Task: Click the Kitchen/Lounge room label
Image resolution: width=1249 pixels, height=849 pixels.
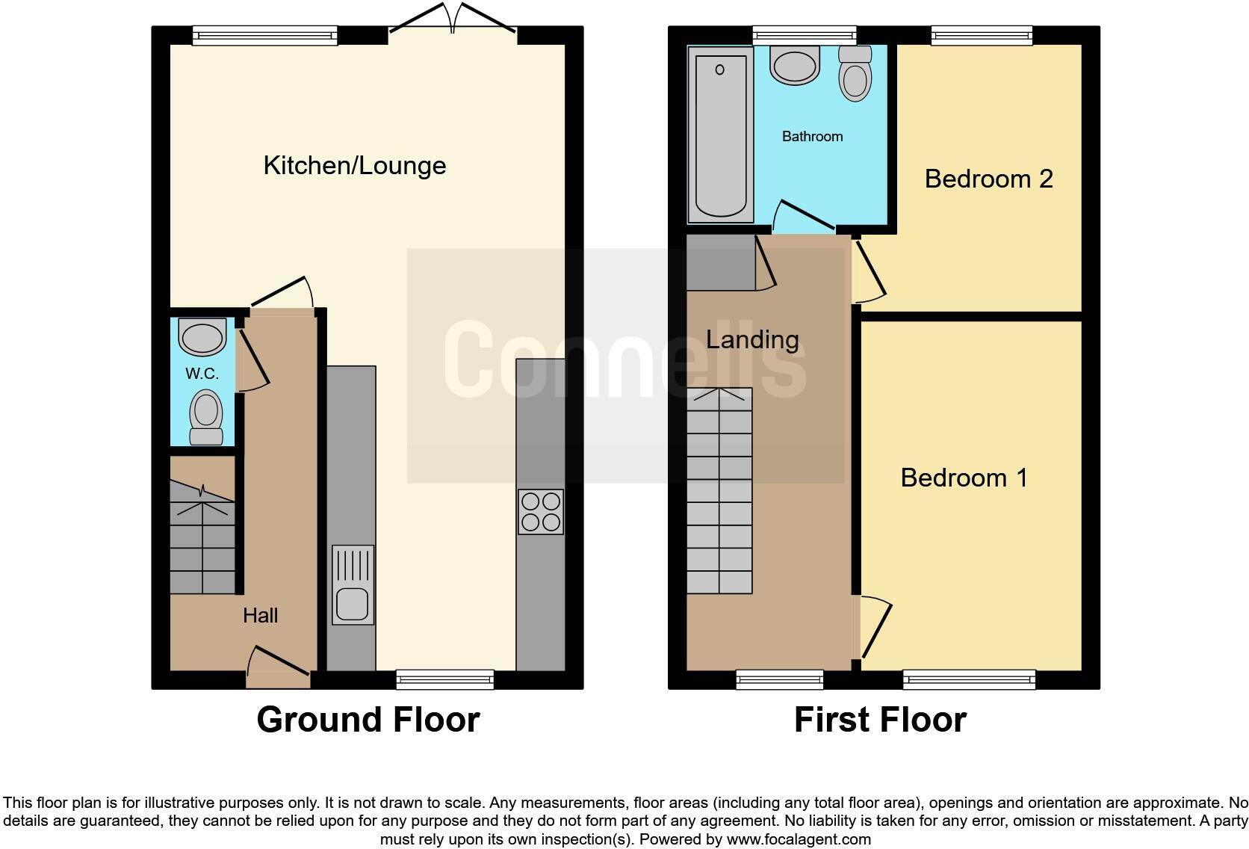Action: [355, 165]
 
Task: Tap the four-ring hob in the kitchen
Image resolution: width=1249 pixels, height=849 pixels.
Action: [541, 511]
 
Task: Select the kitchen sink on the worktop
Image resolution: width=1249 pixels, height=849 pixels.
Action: [353, 584]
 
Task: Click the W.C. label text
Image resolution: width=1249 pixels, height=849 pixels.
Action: [202, 374]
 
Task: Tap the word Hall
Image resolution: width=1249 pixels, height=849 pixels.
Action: [260, 615]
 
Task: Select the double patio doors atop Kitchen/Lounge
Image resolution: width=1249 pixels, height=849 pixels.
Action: [453, 19]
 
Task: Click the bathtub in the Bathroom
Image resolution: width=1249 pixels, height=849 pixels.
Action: [720, 135]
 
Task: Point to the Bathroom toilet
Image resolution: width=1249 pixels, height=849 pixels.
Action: [855, 73]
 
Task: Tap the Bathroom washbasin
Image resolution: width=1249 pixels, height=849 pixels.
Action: [796, 65]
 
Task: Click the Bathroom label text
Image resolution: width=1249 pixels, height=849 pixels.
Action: [812, 136]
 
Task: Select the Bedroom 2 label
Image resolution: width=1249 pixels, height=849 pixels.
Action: [988, 179]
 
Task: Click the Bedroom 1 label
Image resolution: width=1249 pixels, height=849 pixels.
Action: [964, 478]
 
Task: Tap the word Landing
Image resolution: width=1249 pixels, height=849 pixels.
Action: [752, 340]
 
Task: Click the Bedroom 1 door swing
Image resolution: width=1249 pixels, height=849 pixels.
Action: [874, 626]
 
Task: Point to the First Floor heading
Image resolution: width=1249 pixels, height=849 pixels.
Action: [880, 720]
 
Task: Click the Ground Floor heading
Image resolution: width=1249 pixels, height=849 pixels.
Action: [368, 720]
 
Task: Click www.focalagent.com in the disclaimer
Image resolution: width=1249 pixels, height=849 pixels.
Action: [798, 839]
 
